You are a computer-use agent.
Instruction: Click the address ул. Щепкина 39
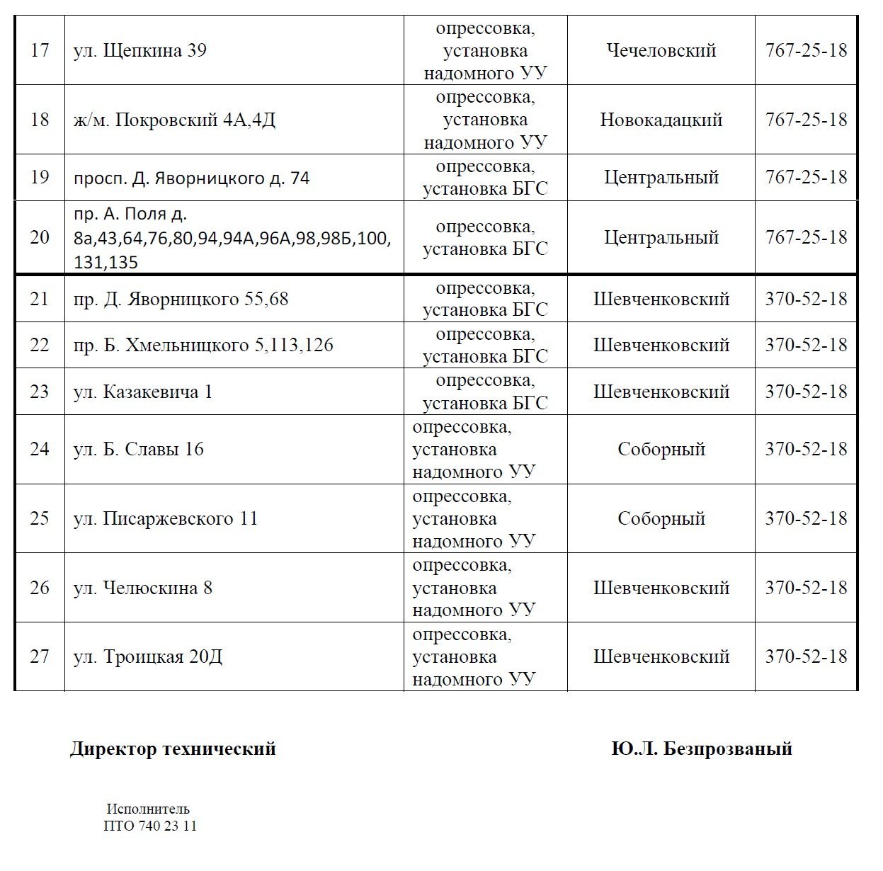[x=139, y=51]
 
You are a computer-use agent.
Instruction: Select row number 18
[x=40, y=120]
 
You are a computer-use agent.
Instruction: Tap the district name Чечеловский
[x=661, y=51]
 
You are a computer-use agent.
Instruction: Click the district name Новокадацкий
[x=661, y=120]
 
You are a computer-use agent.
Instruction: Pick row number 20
[x=40, y=237]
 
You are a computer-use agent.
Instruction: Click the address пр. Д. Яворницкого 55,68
[x=181, y=299]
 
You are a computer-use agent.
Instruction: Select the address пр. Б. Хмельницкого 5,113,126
[x=203, y=346]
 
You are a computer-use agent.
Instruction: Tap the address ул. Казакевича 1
[x=142, y=392]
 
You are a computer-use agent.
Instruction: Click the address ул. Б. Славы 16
[x=138, y=450]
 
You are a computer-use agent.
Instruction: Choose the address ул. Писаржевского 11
[x=166, y=519]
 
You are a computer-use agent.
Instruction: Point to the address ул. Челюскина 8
[x=142, y=588]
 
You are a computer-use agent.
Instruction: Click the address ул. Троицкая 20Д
[x=147, y=657]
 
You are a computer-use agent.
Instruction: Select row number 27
[x=40, y=657]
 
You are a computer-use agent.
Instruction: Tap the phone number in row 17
[x=806, y=51]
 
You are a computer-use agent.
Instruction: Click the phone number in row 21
[x=806, y=299]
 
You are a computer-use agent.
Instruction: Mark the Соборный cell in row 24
[x=661, y=450]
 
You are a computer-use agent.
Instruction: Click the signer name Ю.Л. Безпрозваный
[x=702, y=749]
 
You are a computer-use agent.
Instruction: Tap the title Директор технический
[x=173, y=749]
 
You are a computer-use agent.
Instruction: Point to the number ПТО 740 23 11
[x=150, y=826]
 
